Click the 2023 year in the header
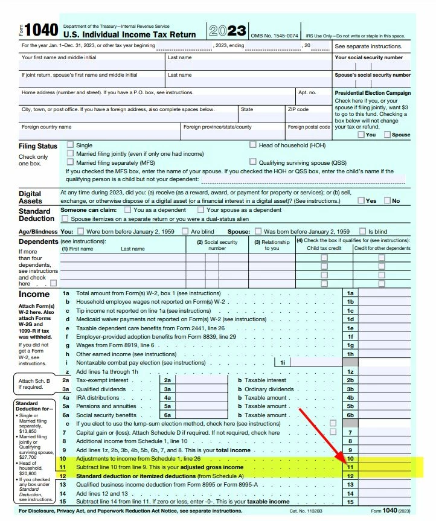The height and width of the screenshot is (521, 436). (x=228, y=31)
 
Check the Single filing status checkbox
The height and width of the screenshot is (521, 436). (x=71, y=145)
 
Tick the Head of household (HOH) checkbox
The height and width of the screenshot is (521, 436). (x=253, y=145)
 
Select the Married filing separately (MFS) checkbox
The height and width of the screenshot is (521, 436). (x=71, y=162)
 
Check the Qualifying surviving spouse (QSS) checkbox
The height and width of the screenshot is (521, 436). (x=253, y=162)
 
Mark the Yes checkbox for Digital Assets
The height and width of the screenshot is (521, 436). (x=361, y=200)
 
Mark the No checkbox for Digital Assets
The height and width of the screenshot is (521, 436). (x=388, y=200)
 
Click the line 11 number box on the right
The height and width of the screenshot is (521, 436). (x=350, y=467)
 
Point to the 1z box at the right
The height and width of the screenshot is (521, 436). (x=350, y=371)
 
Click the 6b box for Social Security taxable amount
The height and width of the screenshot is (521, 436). (x=350, y=415)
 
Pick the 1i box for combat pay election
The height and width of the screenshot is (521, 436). (x=282, y=362)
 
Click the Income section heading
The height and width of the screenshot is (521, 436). (x=34, y=294)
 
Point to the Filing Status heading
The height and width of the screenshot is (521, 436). (x=38, y=146)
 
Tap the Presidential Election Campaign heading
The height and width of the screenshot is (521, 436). (x=373, y=93)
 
